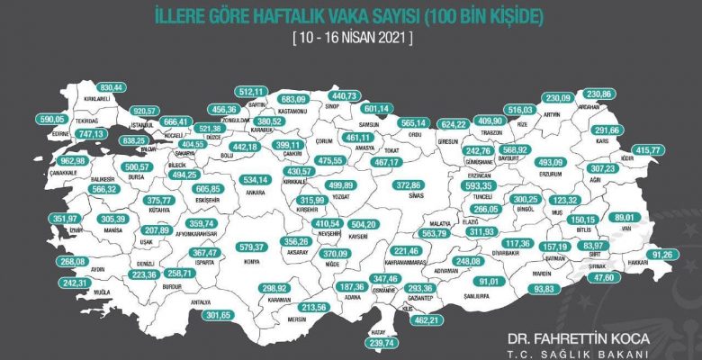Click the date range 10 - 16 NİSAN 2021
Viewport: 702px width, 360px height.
[352, 38]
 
